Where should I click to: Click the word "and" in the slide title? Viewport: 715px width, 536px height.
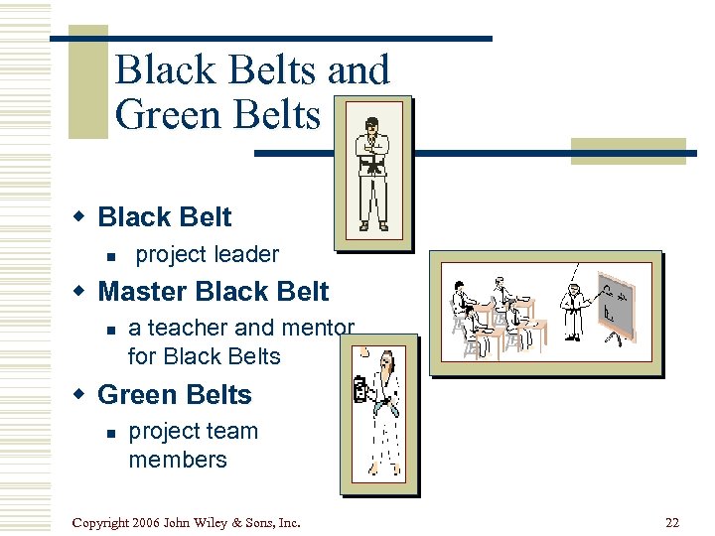[x=357, y=69]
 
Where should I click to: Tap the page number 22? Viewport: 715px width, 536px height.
[x=672, y=522]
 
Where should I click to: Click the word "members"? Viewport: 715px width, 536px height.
[x=178, y=460]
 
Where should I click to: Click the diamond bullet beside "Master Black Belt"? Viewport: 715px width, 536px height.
[x=82, y=292]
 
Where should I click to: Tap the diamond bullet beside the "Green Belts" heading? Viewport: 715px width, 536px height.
[x=82, y=395]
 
